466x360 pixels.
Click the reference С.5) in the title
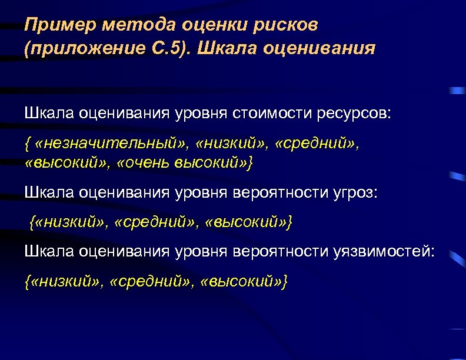tap(167, 48)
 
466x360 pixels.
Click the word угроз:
tap(354, 192)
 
